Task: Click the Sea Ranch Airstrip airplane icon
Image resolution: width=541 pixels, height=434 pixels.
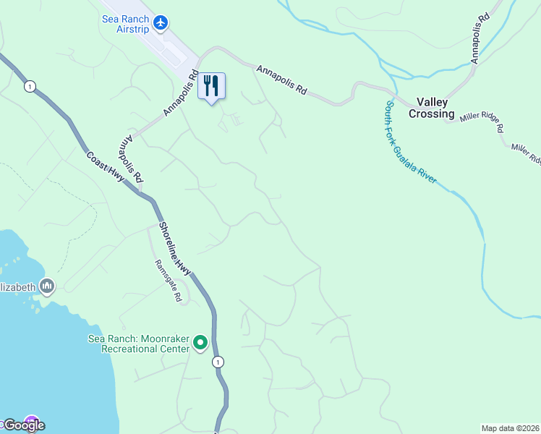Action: (161, 22)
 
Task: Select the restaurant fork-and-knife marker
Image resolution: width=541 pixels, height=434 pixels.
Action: (211, 86)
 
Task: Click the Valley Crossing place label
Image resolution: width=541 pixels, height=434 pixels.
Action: (432, 108)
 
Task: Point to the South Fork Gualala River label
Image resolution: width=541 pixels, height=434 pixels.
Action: (410, 142)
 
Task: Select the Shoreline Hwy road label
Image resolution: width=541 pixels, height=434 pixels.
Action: (174, 247)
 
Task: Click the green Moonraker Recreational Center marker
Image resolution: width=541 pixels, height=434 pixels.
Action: (201, 343)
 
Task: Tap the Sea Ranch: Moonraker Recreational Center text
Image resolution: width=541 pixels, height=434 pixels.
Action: (138, 344)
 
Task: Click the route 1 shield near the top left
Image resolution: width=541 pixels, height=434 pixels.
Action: (29, 86)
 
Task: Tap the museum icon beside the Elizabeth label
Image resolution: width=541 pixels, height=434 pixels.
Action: (47, 286)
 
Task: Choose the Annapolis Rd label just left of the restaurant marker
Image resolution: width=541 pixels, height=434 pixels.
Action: (181, 93)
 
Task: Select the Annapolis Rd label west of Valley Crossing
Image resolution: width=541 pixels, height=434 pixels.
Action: (281, 80)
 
